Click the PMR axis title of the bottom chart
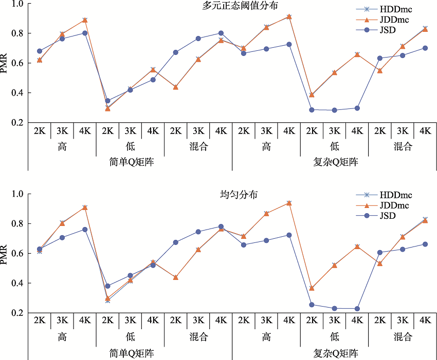5,254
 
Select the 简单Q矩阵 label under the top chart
130,163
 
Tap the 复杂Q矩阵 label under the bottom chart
335,353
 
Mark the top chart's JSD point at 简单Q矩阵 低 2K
107,101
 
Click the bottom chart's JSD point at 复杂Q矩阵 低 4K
357,309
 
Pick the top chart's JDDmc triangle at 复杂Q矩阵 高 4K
289,16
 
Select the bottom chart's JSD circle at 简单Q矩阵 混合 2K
176,242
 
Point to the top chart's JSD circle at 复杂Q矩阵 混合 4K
425,48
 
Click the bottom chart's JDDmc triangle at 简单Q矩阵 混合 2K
176,277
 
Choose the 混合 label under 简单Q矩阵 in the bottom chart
198,337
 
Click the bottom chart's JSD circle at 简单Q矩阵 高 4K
85,230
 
